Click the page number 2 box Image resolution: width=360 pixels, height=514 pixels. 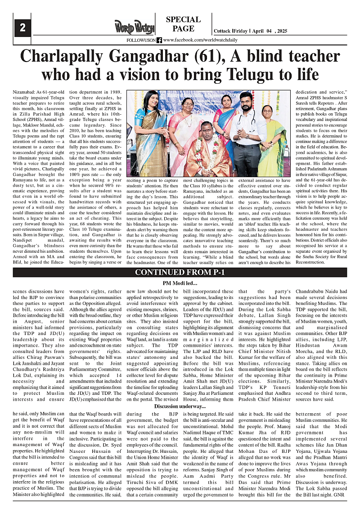point(22,28)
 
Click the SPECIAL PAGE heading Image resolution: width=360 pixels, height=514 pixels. point(183,24)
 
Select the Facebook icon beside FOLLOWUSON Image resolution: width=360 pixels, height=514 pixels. point(159,40)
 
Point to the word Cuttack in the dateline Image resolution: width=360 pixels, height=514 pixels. point(223,31)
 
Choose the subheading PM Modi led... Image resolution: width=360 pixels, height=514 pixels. point(180,283)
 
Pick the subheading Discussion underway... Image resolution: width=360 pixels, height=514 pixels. point(180,407)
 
